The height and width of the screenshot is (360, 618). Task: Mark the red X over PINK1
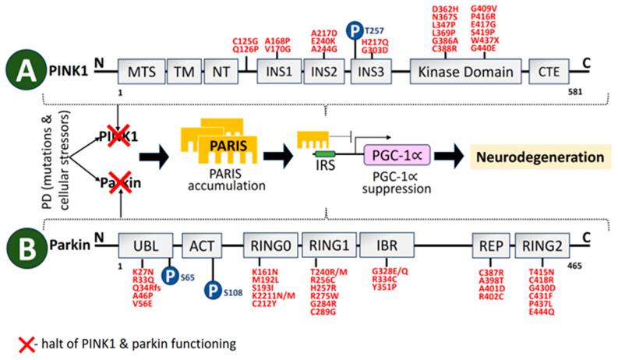click(120, 137)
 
